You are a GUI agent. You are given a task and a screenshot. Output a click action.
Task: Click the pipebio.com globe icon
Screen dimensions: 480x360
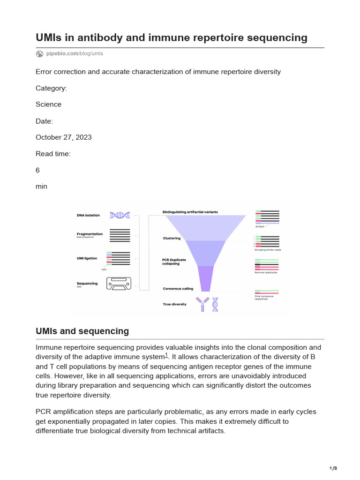[39, 54]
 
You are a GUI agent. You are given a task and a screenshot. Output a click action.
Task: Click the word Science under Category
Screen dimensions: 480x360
[48, 104]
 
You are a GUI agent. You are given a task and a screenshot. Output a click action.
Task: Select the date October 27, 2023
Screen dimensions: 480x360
[64, 137]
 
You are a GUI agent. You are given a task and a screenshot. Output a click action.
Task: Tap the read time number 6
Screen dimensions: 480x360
[38, 171]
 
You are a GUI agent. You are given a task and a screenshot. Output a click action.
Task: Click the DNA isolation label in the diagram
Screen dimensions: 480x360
[88, 216]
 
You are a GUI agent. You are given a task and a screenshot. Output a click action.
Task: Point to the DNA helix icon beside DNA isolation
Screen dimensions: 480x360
[120, 215]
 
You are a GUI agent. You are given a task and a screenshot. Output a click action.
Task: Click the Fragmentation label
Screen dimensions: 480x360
[90, 234]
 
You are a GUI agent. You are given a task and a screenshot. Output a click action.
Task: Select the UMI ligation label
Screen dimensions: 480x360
[87, 258]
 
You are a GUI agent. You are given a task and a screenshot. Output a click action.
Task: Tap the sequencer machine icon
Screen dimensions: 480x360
[119, 283]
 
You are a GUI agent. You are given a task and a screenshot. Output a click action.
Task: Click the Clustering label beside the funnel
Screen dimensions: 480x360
[172, 238]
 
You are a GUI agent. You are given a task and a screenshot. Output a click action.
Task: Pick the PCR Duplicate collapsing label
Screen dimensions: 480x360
[174, 262]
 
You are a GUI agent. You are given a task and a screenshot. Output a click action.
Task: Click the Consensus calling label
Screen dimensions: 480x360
[178, 289]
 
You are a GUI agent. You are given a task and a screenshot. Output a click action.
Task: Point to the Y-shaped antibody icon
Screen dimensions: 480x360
[202, 304]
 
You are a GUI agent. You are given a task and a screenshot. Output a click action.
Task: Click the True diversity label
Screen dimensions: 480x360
[174, 304]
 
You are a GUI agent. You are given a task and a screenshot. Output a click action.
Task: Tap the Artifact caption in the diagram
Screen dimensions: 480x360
[260, 226]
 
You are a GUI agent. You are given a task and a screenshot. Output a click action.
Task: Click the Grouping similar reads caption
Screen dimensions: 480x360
[268, 250]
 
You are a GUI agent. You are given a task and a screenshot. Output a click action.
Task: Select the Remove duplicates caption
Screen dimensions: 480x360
[266, 273]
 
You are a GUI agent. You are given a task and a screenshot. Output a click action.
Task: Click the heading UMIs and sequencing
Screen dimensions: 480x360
[82, 331]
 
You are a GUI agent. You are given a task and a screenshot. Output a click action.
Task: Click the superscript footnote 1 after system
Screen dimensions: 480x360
[166, 355]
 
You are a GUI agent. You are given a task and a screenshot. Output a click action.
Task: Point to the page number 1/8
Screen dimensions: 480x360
[333, 468]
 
